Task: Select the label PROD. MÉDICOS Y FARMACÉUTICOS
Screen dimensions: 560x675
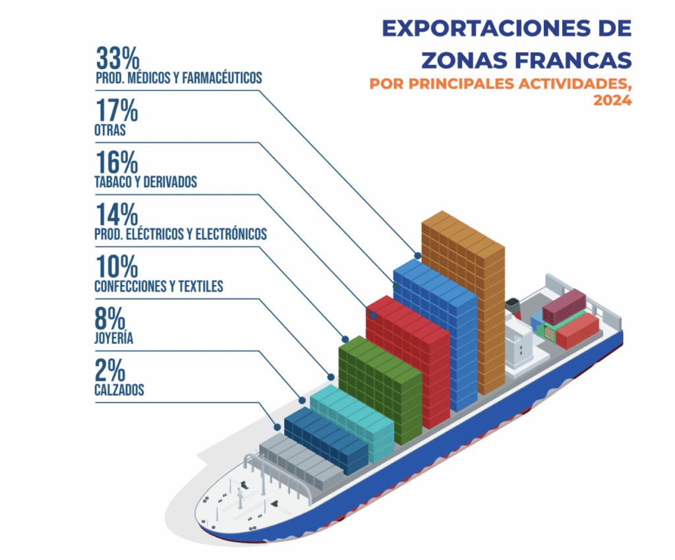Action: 178,78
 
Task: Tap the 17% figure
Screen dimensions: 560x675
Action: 117,110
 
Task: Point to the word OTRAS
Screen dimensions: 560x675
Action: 110,130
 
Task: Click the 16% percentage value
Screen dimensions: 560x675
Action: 117,162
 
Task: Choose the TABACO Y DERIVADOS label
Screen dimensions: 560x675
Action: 146,182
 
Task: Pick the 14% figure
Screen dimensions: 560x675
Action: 117,214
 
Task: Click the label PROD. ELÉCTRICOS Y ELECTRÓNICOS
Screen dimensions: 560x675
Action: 181,234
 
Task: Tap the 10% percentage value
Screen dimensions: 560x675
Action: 117,266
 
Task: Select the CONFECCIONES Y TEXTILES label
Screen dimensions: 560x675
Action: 159,286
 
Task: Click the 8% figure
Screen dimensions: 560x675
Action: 110,319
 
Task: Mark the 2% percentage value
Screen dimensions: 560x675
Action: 110,371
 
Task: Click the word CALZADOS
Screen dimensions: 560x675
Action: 119,390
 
